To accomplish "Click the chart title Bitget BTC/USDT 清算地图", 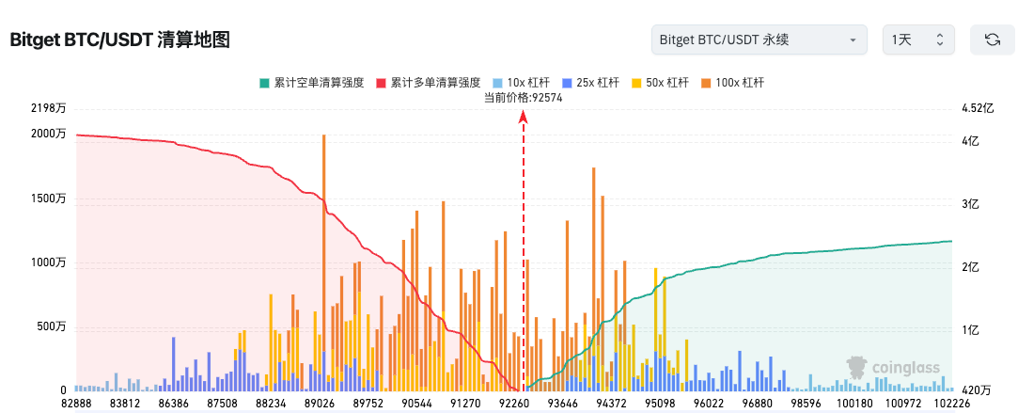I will [119, 40].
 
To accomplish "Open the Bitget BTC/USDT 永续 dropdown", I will [759, 40].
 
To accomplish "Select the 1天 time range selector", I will [917, 40].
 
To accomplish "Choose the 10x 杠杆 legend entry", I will [527, 83].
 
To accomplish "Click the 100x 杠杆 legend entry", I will [731, 83].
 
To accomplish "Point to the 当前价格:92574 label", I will [523, 97].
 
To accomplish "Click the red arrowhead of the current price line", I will [524, 115].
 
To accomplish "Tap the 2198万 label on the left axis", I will [48, 108].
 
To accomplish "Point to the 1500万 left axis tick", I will [48, 199].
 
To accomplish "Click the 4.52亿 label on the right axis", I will [977, 108].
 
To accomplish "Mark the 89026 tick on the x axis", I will [320, 403].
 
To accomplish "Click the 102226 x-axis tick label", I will [951, 403].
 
